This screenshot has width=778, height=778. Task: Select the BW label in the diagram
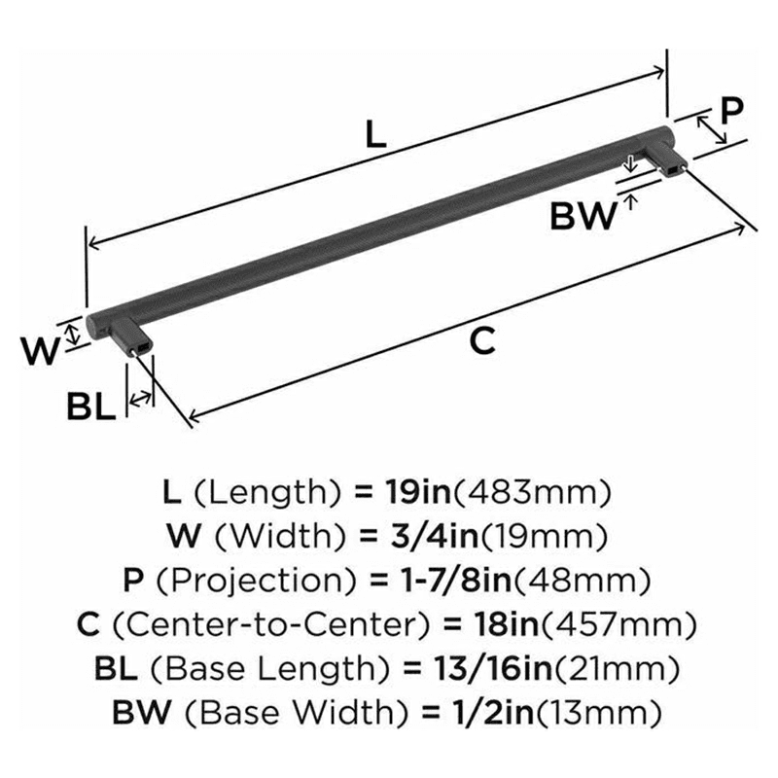click(583, 215)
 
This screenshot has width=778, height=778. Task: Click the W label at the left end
click(40, 351)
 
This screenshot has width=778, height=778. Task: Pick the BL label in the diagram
click(91, 405)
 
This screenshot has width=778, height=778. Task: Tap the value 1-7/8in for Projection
click(444, 582)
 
